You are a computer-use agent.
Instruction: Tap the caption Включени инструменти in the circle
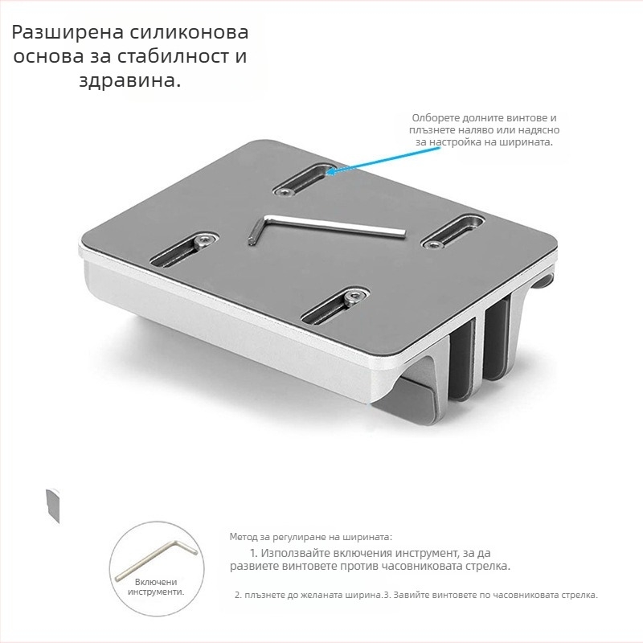154,586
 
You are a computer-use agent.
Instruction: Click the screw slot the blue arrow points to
304,180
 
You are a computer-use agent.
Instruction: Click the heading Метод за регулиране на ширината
310,536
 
